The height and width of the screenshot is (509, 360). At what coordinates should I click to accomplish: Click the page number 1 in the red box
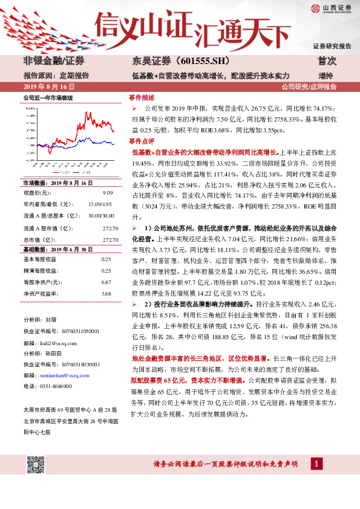[315, 464]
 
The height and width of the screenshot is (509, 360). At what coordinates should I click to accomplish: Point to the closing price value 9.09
[108, 193]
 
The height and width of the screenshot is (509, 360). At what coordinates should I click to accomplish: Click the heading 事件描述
[142, 97]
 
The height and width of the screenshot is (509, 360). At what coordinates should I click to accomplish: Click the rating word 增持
[325, 76]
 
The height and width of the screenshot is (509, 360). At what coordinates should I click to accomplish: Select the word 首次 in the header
[327, 62]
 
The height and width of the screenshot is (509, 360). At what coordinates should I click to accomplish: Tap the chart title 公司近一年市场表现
[48, 97]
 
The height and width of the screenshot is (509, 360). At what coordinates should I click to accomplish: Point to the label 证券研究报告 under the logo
[332, 46]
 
